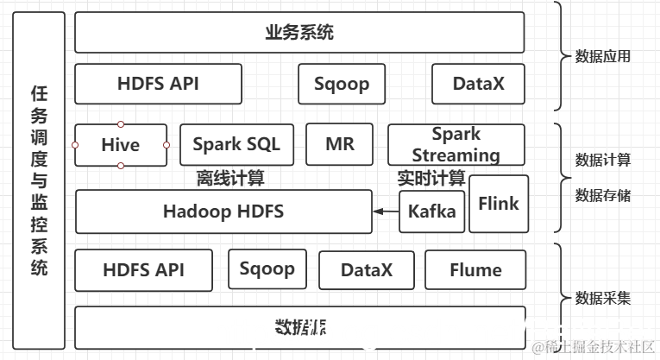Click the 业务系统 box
coord(299,33)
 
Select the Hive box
coord(120,145)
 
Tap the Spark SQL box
coord(236,144)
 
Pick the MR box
coord(339,144)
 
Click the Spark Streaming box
coord(456,145)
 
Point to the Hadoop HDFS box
coord(223,212)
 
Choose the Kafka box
coord(431,212)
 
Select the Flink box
coord(499,204)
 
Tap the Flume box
coord(475,270)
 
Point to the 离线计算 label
coord(230,179)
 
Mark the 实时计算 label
coord(431,179)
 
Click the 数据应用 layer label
coord(603,57)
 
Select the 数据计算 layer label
coord(603,160)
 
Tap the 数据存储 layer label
coord(603,195)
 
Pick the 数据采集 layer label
coord(603,299)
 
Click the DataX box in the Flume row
coord(366,270)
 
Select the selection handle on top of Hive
coord(120,124)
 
